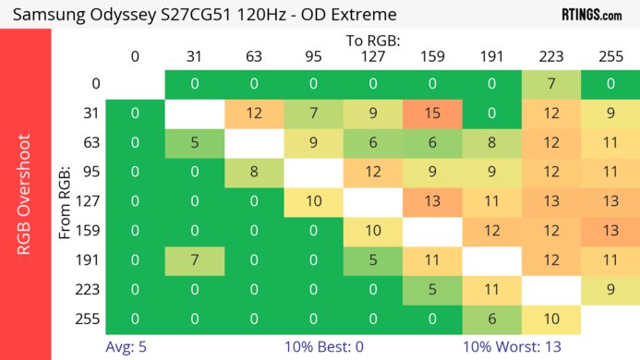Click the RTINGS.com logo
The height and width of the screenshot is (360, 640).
point(592,14)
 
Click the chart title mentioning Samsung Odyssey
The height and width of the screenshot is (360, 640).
point(205,14)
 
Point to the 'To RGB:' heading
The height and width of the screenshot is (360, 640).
point(373,41)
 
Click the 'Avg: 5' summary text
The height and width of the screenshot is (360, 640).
point(127,348)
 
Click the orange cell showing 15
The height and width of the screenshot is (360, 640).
point(432,114)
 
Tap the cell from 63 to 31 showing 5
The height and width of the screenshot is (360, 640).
point(195,144)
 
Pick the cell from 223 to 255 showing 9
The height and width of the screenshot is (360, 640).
point(610,288)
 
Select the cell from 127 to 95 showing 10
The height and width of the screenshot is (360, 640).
point(313,202)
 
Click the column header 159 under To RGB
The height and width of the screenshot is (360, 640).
point(432,56)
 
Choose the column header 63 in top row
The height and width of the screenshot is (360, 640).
point(254,56)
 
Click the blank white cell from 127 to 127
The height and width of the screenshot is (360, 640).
point(373,202)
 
